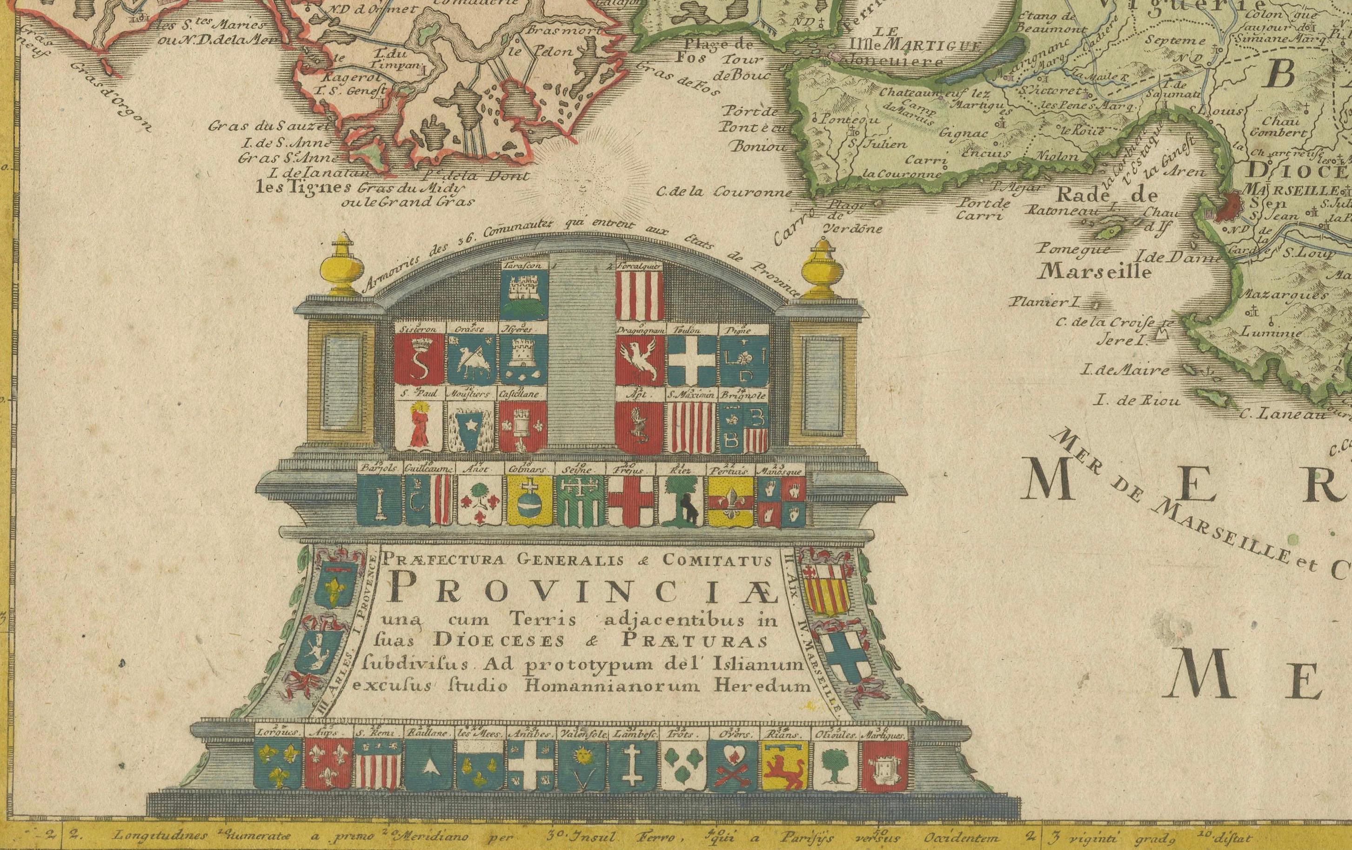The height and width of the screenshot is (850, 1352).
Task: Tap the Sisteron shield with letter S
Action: coord(419,359)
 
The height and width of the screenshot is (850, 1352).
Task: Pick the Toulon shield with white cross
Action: coord(692,359)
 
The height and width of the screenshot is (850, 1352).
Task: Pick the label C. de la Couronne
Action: coord(724,192)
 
